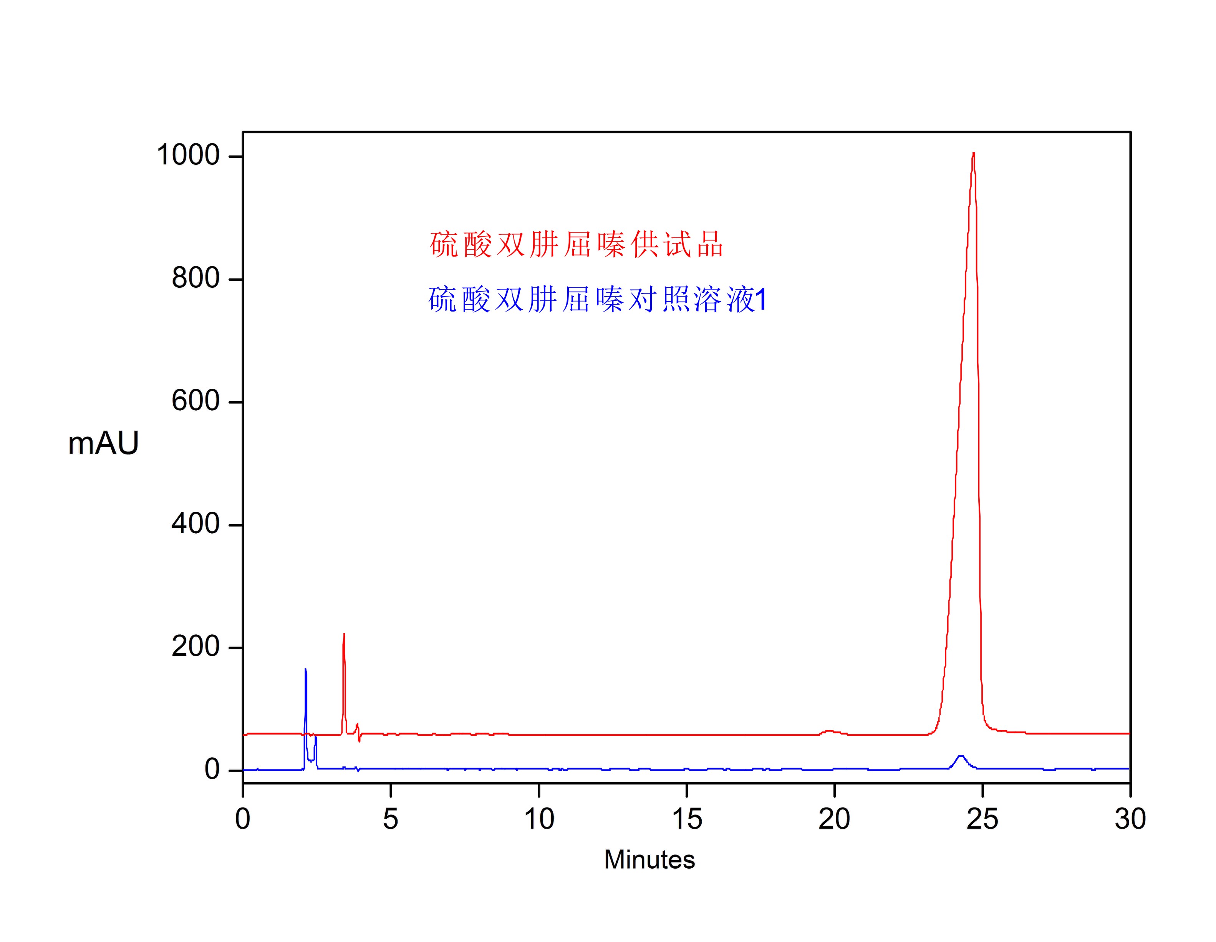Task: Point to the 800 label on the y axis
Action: tap(195, 278)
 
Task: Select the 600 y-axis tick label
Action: tap(195, 401)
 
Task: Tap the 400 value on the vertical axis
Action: tap(195, 524)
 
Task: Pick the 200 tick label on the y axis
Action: tap(195, 647)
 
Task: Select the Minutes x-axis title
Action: tap(649, 859)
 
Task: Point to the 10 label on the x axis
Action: tap(539, 819)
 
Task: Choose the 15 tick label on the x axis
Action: tap(686, 819)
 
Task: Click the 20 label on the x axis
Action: tap(834, 819)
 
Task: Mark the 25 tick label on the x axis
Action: tap(982, 819)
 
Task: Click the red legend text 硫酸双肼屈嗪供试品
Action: tap(576, 245)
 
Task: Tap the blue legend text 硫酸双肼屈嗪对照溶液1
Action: tap(597, 300)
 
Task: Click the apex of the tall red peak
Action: tap(973, 153)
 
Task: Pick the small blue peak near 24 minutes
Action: tap(961, 756)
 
